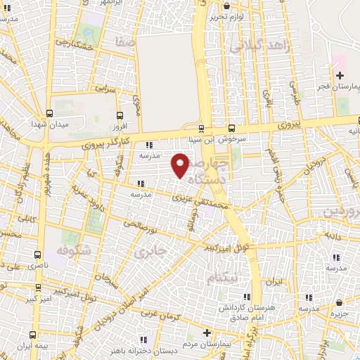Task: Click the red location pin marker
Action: (181, 165)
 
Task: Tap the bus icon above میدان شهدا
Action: (49, 112)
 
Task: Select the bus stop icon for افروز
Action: (119, 116)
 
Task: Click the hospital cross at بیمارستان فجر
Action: (340, 75)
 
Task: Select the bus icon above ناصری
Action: (38, 254)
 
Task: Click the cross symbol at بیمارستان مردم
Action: (206, 333)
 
